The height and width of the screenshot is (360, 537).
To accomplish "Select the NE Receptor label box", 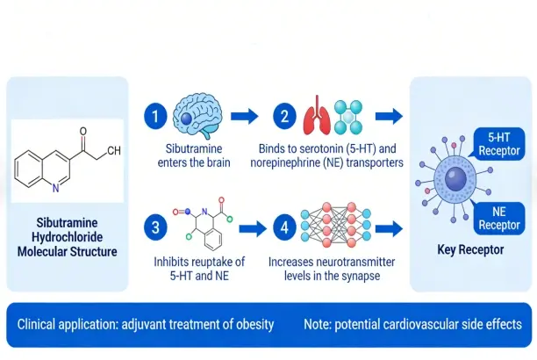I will click(499, 220).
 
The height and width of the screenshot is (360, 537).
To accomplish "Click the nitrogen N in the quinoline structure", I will click(57, 188).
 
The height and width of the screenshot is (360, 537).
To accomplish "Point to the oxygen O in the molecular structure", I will click(83, 132).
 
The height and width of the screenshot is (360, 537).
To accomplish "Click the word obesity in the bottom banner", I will click(251, 324).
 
